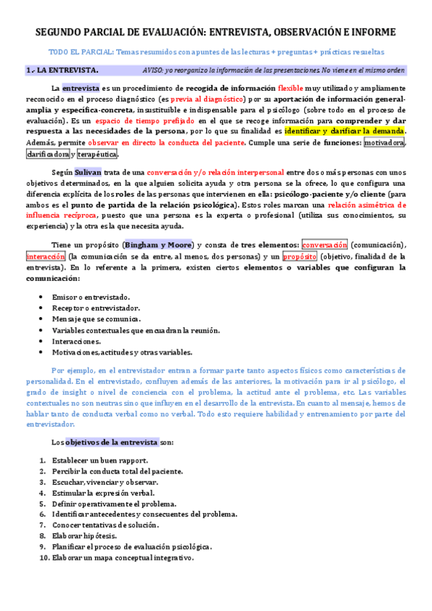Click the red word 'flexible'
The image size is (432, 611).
click(291, 88)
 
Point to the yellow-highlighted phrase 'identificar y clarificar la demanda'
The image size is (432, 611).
click(345, 131)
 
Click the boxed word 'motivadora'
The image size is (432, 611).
click(384, 143)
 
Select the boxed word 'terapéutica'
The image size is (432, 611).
click(97, 154)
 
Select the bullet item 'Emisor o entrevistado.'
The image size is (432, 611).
click(91, 297)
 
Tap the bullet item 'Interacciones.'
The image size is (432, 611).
click(76, 341)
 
